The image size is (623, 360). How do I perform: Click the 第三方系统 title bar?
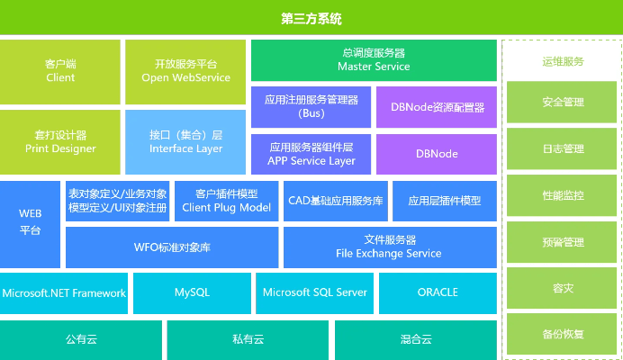(x=311, y=18)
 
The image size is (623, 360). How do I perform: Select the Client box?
(x=60, y=71)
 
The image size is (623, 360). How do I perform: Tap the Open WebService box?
(x=185, y=71)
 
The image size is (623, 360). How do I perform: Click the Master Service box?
(x=373, y=60)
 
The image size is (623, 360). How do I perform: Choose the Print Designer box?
(x=60, y=142)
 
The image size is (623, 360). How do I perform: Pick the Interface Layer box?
(x=185, y=142)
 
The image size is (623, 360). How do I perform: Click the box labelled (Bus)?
(x=311, y=106)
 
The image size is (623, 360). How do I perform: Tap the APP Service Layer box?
(x=311, y=154)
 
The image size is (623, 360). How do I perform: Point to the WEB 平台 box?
(x=31, y=223)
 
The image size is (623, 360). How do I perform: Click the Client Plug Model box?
(x=225, y=201)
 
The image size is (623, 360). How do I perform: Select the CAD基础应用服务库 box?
(x=335, y=201)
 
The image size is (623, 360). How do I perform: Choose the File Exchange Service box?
(x=389, y=247)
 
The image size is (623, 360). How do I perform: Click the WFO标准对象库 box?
(x=172, y=247)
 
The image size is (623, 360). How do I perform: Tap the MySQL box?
(x=191, y=292)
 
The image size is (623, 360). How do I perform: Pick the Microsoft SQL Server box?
(x=313, y=292)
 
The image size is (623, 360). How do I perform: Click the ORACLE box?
(x=438, y=292)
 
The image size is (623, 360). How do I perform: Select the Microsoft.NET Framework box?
(x=64, y=292)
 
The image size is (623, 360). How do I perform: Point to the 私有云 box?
(x=248, y=339)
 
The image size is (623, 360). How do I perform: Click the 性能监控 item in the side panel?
(x=563, y=195)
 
